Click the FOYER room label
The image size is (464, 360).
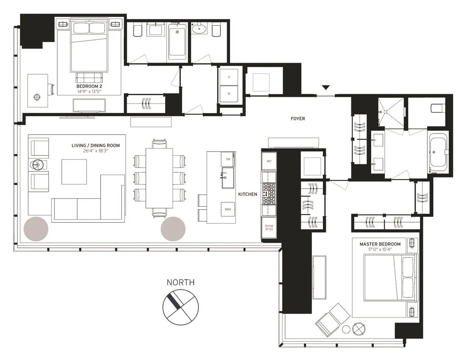click(298, 119)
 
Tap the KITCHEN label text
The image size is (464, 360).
click(247, 194)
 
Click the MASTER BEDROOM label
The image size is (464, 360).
click(380, 244)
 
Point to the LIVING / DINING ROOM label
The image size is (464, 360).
click(96, 145)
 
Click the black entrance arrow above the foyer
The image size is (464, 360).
click(326, 87)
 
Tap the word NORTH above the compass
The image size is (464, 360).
click(181, 283)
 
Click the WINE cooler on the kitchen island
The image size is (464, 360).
click(228, 208)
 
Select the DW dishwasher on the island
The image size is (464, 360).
click(228, 159)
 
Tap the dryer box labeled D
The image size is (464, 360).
click(229, 77)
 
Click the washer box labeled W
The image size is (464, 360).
click(229, 94)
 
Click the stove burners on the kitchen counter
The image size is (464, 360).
click(269, 193)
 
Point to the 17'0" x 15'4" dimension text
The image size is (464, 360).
click(380, 250)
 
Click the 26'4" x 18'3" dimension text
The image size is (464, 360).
click(96, 151)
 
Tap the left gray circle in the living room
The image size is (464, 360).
click(36, 229)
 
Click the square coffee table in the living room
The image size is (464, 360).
click(74, 172)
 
